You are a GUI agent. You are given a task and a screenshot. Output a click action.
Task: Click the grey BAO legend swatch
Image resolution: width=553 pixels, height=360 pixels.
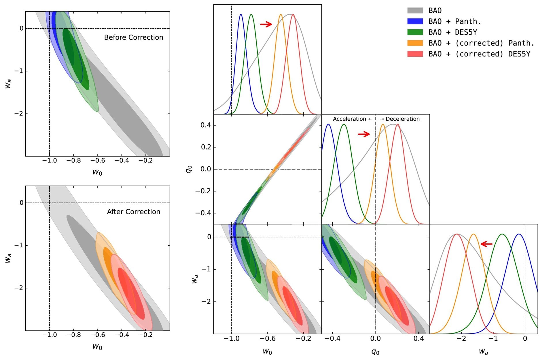(415, 11)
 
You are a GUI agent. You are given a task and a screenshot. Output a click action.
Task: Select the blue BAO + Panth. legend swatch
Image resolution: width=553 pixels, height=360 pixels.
(415, 21)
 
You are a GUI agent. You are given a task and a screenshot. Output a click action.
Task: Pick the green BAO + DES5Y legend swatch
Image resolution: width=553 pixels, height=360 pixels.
(415, 32)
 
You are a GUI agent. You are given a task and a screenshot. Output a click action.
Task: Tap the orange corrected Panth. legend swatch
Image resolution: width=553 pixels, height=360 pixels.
(415, 43)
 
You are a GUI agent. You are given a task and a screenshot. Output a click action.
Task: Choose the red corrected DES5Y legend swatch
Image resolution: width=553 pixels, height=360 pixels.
(415, 54)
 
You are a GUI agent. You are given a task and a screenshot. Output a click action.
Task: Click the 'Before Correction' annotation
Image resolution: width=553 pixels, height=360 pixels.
(133, 37)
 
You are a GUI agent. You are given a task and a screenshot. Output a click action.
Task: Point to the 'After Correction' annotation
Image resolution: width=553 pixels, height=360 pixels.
(133, 212)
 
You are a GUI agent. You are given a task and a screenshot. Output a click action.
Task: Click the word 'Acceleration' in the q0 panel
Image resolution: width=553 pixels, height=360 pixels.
(349, 119)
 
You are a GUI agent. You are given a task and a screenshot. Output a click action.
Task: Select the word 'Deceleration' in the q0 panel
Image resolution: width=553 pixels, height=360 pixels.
(402, 119)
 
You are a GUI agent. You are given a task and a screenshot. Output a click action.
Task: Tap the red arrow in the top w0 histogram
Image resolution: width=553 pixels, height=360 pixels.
(266, 24)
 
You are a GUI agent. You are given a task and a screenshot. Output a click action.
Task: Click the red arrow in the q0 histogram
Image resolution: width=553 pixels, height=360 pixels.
(364, 134)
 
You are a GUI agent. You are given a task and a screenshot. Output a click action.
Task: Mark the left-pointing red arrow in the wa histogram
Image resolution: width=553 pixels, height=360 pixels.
(486, 244)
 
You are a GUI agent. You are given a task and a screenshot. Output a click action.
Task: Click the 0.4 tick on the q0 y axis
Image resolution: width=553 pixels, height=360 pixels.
(206, 125)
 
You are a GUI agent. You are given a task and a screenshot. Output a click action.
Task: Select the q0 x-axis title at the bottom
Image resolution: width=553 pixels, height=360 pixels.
(375, 352)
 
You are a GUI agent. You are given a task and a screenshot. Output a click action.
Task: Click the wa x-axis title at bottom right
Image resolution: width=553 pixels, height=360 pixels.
(483, 352)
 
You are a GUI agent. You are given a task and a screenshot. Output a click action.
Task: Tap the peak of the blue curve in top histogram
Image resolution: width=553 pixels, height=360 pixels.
(241, 14)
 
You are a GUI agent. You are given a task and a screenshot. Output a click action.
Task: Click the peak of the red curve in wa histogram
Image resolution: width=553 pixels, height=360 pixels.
(457, 234)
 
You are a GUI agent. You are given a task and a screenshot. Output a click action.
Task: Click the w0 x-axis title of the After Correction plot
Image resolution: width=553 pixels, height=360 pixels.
(97, 346)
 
